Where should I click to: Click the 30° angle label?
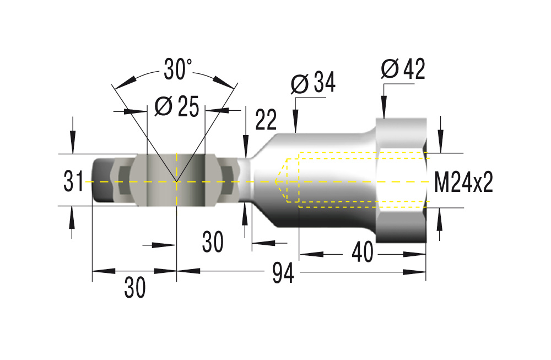tap(178, 69)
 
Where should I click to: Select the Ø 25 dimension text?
tap(177, 106)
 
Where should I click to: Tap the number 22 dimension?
tap(266, 120)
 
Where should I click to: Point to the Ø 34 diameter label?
tap(313, 83)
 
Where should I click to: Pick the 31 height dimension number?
tap(73, 181)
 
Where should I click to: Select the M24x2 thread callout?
tap(463, 182)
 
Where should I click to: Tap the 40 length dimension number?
tap(363, 252)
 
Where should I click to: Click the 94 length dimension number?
tap(283, 273)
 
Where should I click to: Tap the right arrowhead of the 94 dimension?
tap(414, 272)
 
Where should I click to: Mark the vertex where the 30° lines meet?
tap(176, 181)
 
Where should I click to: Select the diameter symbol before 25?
tap(164, 106)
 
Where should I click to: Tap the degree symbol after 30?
tap(189, 62)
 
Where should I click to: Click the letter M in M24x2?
tap(442, 182)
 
